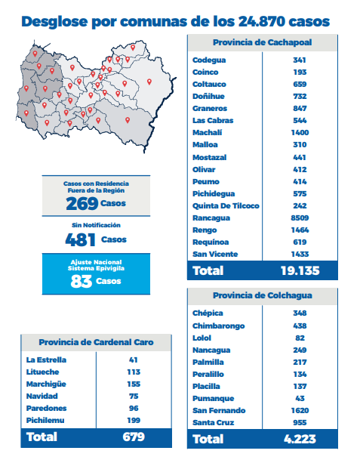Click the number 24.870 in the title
[261, 22]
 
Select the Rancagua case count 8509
[300, 218]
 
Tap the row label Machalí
[207, 133]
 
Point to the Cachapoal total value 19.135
[300, 270]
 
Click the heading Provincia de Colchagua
[263, 295]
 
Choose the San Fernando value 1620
[300, 410]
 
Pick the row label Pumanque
[213, 399]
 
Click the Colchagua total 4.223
[300, 439]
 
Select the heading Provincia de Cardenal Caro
[96, 342]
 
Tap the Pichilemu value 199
[134, 420]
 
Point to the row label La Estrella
[46, 360]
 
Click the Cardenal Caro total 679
[134, 437]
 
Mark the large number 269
[82, 204]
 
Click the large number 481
[81, 239]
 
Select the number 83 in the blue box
[82, 281]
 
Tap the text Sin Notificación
[96, 225]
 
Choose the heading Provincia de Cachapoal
[263, 42]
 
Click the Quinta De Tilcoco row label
[226, 205]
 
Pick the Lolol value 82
[300, 338]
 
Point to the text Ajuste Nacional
[96, 262]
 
